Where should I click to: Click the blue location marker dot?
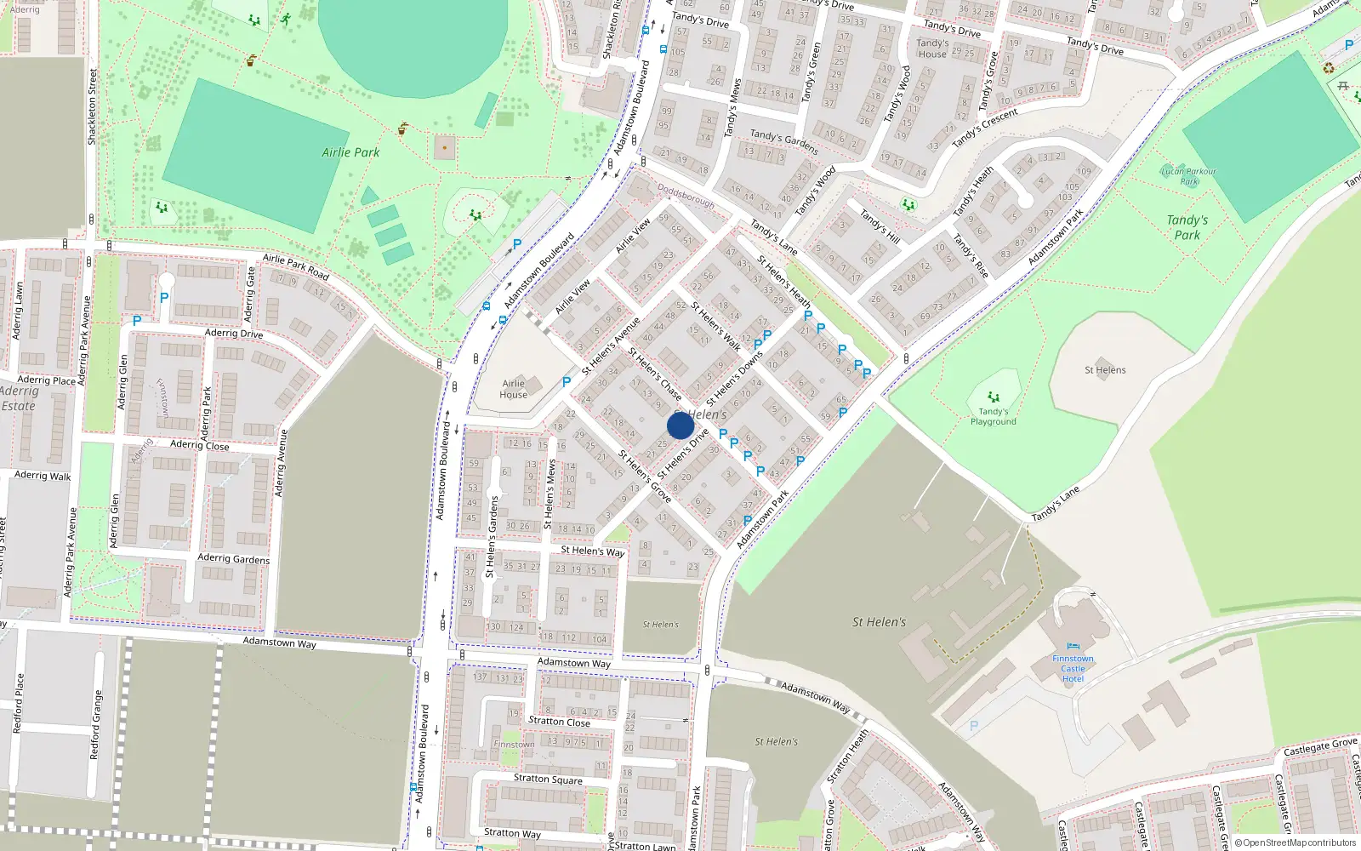[680, 425]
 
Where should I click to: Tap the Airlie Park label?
[350, 152]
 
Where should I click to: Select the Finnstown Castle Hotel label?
[1073, 668]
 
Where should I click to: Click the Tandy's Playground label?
[993, 416]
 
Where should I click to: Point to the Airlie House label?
[513, 389]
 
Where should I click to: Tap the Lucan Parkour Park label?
[1188, 176]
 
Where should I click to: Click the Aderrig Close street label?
[199, 444]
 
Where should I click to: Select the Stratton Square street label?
[548, 779]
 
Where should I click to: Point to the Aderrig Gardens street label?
[233, 558]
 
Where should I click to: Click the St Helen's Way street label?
[592, 551]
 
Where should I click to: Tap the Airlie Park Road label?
[295, 266]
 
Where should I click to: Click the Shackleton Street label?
[92, 106]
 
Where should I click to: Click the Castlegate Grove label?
[1320, 747]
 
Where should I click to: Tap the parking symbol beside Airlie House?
[567, 382]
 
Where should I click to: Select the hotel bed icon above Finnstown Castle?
[1073, 647]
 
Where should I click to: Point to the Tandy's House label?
[932, 49]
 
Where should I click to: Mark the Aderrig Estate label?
[19, 398]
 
